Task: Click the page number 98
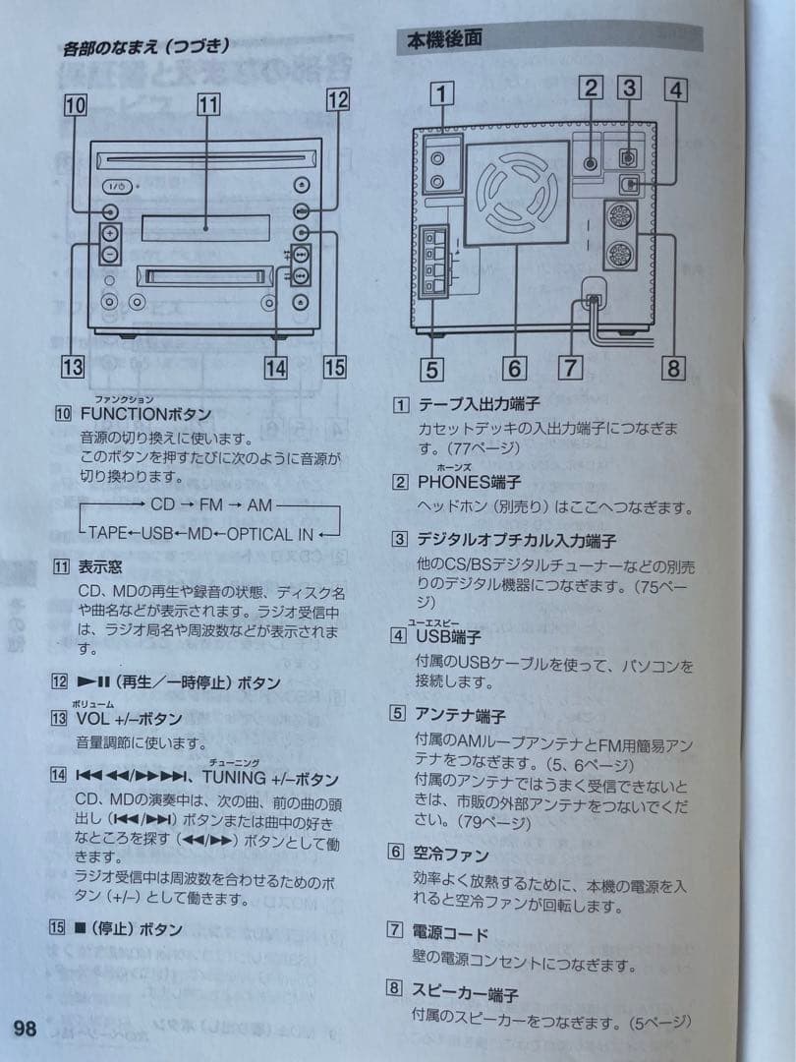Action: click(x=26, y=1029)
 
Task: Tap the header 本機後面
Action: click(x=444, y=40)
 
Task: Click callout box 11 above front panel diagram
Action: click(x=207, y=103)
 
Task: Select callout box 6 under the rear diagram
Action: click(x=515, y=369)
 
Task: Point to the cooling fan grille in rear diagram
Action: click(x=517, y=192)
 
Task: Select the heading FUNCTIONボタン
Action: click(x=145, y=415)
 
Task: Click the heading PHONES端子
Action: click(x=469, y=482)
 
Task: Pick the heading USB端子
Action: click(x=448, y=636)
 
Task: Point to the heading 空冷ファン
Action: click(x=452, y=855)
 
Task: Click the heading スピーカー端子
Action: click(x=464, y=993)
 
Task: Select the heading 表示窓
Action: click(x=101, y=567)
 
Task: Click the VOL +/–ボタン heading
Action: click(x=129, y=718)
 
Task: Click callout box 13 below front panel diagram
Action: click(x=72, y=368)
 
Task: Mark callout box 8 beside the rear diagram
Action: click(x=673, y=369)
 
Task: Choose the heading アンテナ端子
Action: click(x=461, y=715)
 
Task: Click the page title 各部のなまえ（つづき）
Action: click(x=146, y=45)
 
